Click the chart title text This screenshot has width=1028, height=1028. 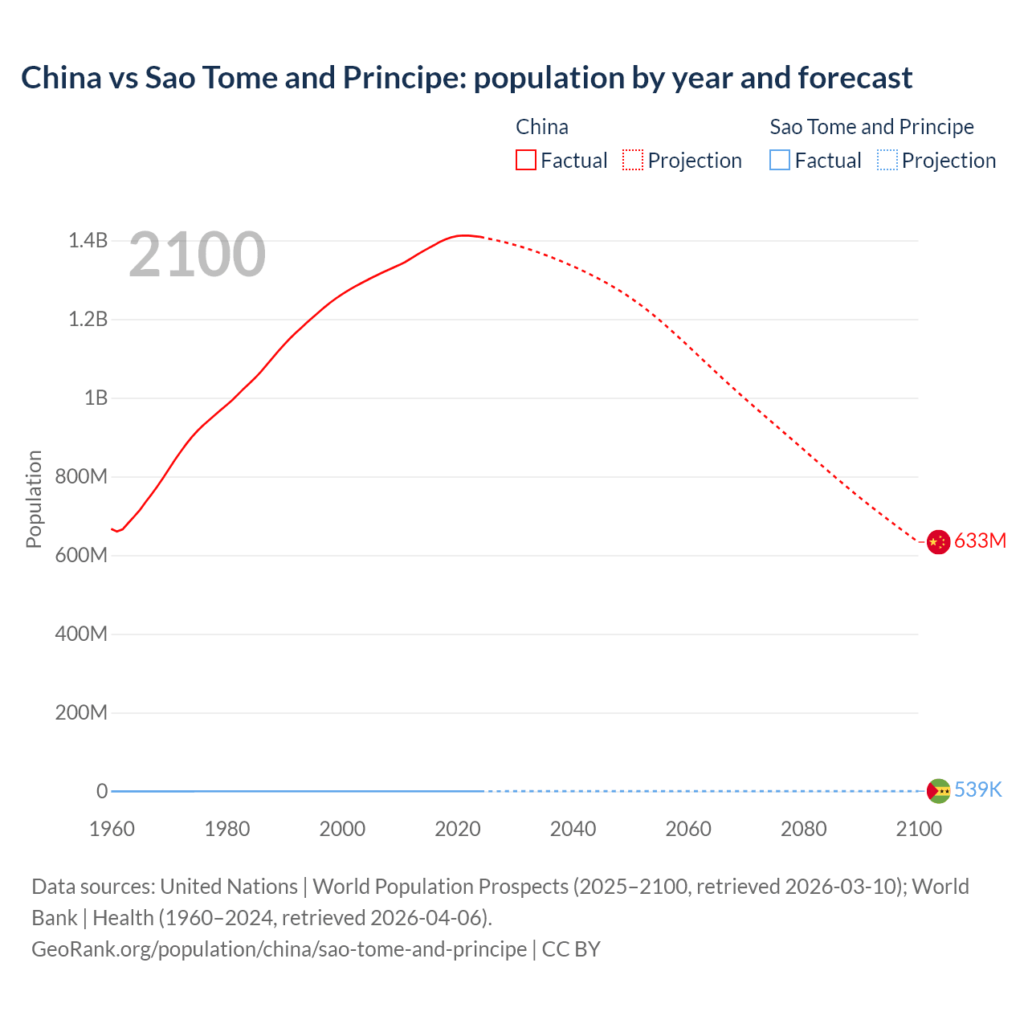coord(467,78)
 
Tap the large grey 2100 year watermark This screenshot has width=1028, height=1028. coord(197,255)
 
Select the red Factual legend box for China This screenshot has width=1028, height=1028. coord(525,161)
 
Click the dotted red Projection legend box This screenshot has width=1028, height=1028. coord(633,161)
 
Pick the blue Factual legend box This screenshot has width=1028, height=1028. coord(780,161)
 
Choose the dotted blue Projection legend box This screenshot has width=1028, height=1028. coord(887,161)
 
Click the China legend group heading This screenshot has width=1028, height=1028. coord(542,127)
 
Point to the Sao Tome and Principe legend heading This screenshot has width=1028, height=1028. coord(871,127)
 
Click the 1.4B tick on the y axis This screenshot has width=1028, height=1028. coord(88,240)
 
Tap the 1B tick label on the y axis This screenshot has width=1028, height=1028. coord(96,398)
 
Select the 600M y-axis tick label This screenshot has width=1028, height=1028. coord(81,555)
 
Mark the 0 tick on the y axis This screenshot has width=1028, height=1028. coord(102,791)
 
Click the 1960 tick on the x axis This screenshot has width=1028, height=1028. coord(112,829)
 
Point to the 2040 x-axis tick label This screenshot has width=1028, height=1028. coord(573,829)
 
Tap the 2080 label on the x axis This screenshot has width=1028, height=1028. coord(803,829)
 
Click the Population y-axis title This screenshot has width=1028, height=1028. coord(34,499)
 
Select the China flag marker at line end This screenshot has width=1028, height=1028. coord(938,542)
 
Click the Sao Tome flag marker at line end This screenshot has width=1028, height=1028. coord(938,791)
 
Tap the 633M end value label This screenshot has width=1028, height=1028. coord(980,541)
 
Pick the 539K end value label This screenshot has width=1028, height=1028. coord(977,790)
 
